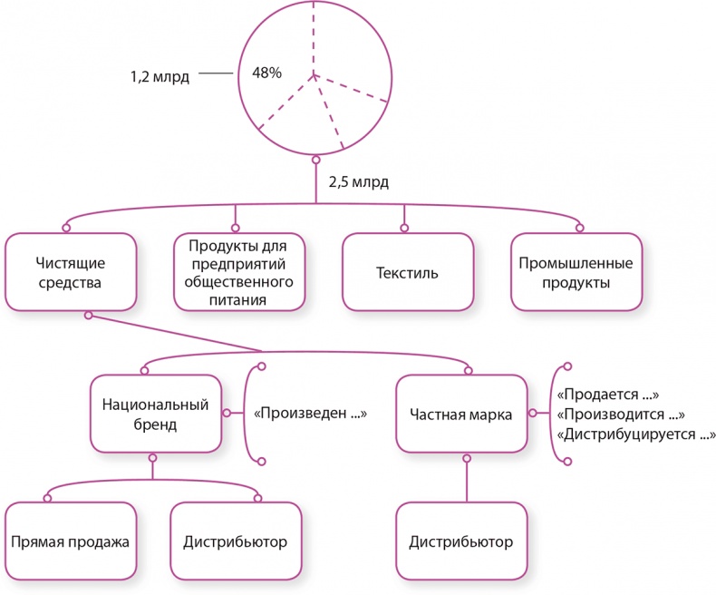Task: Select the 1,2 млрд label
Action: (160, 77)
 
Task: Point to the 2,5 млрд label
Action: (359, 182)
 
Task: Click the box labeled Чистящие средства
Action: (71, 272)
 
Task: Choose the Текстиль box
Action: (407, 272)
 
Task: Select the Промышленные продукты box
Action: (576, 272)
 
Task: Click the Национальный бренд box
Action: (156, 414)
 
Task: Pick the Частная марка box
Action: (461, 414)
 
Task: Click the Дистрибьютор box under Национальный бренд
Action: (236, 542)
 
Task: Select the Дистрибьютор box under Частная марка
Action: (461, 542)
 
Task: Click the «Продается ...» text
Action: (606, 395)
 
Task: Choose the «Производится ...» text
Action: (620, 415)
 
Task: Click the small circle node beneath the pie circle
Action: (315, 161)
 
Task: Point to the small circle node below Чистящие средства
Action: (88, 316)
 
